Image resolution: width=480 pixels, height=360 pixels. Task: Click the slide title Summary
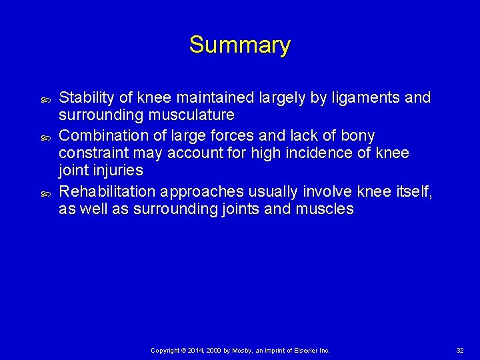click(x=239, y=45)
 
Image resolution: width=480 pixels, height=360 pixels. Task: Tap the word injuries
click(x=119, y=170)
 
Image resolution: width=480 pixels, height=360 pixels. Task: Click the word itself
click(x=414, y=192)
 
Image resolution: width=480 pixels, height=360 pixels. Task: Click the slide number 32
click(x=460, y=350)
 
